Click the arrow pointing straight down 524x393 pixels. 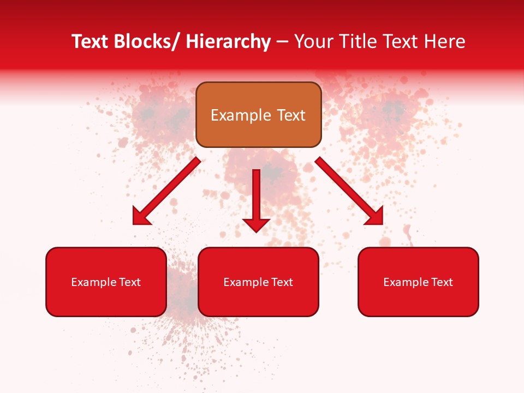click(x=256, y=199)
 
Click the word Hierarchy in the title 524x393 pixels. click(x=228, y=41)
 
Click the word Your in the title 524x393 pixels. click(x=313, y=41)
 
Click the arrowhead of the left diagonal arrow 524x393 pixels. click(x=141, y=217)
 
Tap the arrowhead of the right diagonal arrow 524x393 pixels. click(x=375, y=216)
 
